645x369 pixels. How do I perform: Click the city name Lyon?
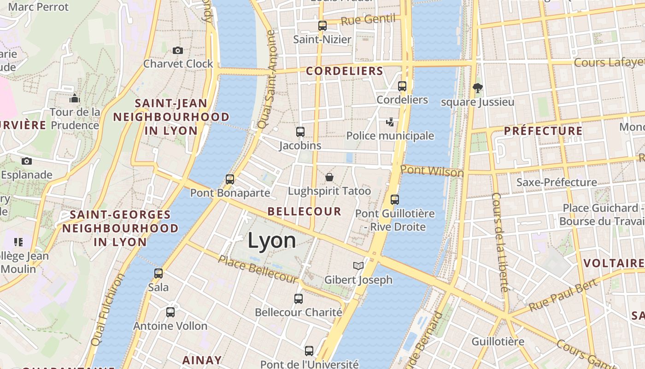[272, 241]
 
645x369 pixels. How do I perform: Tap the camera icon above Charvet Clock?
[177, 50]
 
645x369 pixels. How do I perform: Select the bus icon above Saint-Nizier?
[322, 26]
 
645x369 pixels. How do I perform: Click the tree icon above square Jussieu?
[478, 88]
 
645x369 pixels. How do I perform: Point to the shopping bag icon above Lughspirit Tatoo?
[329, 177]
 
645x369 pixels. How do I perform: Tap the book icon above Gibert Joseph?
[358, 266]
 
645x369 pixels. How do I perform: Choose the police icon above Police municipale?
[390, 122]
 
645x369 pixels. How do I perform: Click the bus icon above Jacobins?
[300, 132]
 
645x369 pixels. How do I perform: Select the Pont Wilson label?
[432, 171]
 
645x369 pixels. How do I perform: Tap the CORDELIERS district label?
[345, 71]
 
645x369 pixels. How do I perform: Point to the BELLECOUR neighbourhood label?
[305, 211]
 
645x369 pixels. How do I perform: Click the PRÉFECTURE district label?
[543, 131]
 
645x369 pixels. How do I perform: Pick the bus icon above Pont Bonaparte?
[230, 179]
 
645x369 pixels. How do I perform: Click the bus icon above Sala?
[158, 274]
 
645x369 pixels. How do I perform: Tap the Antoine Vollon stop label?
[170, 326]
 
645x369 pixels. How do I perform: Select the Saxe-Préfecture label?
[557, 182]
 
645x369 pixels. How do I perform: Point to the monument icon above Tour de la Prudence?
[75, 98]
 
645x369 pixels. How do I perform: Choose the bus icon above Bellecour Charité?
[299, 299]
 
